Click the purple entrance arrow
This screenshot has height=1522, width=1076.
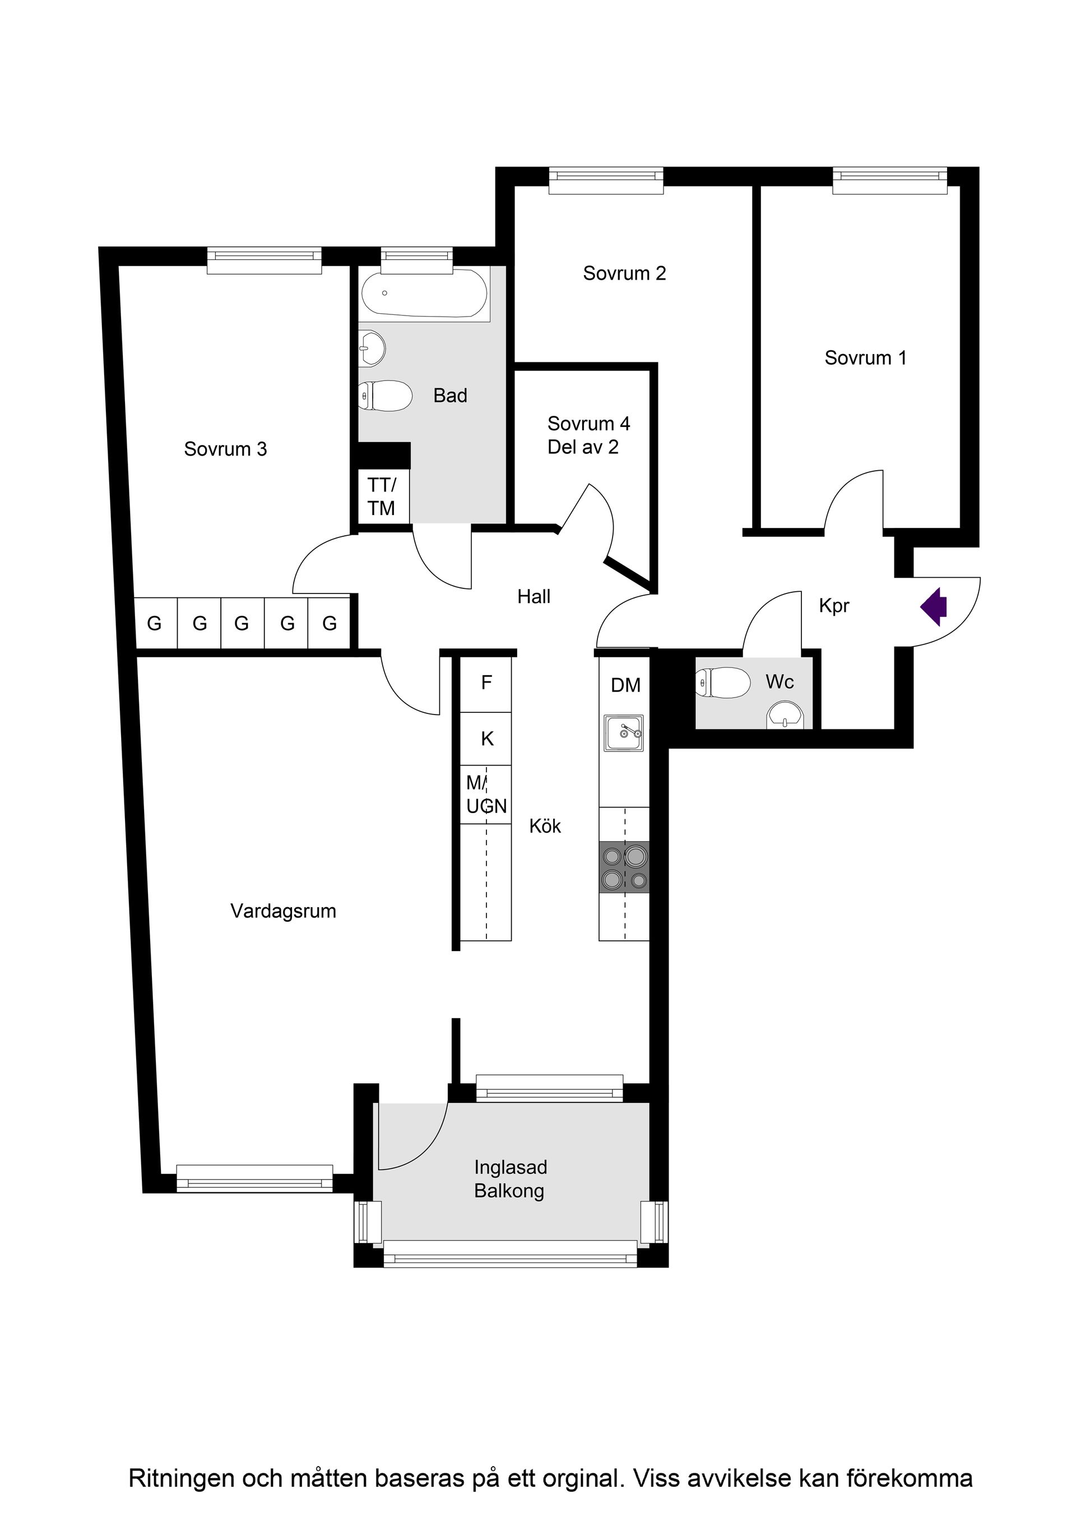(x=935, y=606)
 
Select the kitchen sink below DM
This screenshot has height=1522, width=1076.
(x=623, y=733)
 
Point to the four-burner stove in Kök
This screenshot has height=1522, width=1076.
(x=624, y=867)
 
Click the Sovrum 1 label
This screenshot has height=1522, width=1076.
(x=865, y=358)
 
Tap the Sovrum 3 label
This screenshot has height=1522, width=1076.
(x=225, y=449)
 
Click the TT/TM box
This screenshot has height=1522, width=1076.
(x=381, y=496)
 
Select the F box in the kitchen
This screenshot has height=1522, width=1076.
(x=486, y=683)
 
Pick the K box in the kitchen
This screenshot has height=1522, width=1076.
(x=486, y=739)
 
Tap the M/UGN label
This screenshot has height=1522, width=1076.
(x=486, y=795)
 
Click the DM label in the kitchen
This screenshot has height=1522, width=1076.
(x=625, y=685)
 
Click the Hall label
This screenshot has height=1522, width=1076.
(x=534, y=597)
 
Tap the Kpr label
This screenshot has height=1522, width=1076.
(x=833, y=606)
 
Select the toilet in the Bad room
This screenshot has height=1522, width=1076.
(x=384, y=396)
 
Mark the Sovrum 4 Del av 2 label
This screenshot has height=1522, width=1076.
(x=588, y=435)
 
